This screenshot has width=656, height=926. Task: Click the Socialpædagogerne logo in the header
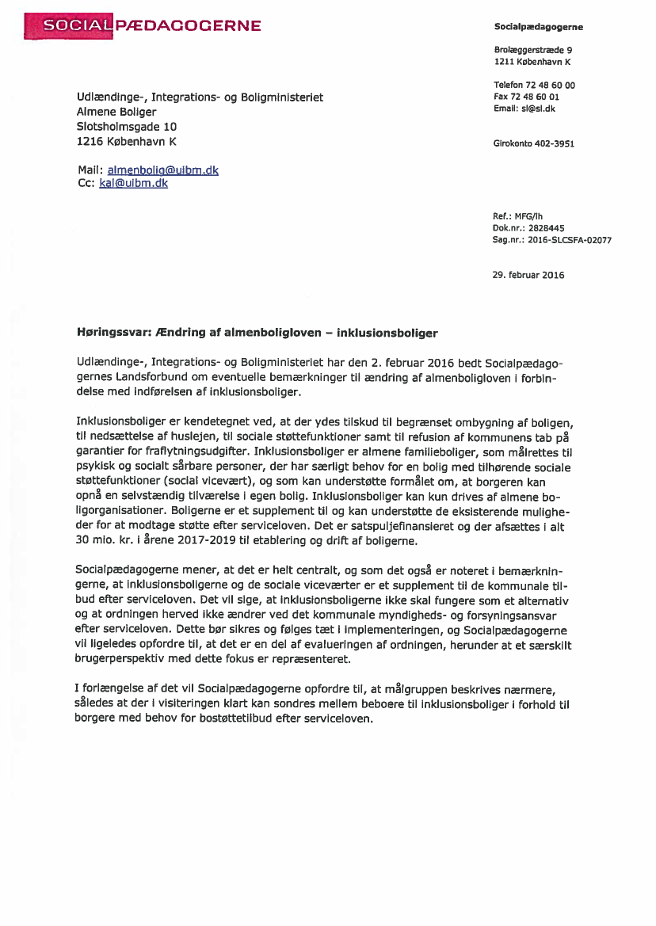point(143,26)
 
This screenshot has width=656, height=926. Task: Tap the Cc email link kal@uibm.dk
point(133,183)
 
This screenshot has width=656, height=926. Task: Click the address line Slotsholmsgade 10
point(127,126)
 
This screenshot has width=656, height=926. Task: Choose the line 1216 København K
point(127,141)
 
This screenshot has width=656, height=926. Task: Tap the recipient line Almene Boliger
point(116,112)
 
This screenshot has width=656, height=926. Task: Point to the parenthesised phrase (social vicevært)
point(208,480)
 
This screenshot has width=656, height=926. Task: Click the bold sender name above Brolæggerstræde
point(538,27)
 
